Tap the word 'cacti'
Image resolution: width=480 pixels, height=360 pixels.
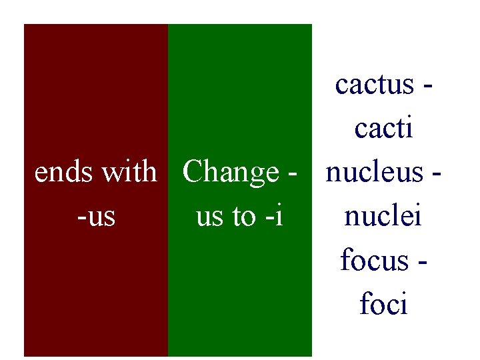(x=383, y=129)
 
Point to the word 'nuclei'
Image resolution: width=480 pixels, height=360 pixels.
(x=383, y=216)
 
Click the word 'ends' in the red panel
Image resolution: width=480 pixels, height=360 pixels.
(x=65, y=172)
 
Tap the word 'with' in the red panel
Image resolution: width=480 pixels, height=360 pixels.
(x=129, y=172)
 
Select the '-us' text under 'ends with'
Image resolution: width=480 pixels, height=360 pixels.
(x=96, y=216)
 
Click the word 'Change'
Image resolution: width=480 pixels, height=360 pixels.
(x=231, y=172)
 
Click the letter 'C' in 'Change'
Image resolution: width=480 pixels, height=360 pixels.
(x=193, y=172)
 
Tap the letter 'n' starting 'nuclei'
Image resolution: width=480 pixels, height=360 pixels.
(x=351, y=217)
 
